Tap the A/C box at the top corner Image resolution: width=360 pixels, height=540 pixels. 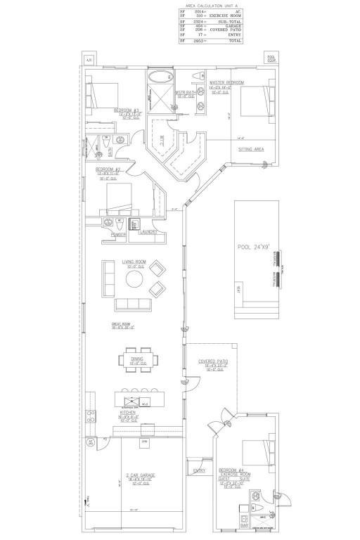click(x=89, y=60)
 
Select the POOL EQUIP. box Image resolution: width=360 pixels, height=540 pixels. click(x=271, y=59)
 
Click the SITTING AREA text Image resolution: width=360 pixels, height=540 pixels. click(x=250, y=150)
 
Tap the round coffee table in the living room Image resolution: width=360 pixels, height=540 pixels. click(x=134, y=279)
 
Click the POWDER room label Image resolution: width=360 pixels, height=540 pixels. click(x=109, y=235)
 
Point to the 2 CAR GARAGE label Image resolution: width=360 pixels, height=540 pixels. click(x=141, y=476)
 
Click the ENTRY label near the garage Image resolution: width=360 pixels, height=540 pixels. click(x=199, y=470)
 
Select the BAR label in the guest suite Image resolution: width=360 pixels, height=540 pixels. click(x=243, y=525)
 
